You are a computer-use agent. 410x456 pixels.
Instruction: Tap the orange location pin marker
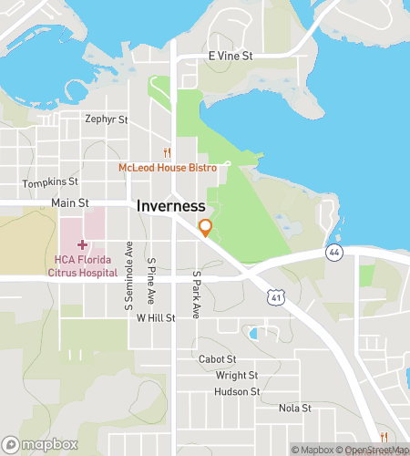pos(206,228)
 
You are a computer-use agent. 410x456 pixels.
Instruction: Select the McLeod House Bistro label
pos(167,168)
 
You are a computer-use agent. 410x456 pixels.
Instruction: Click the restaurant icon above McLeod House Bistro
pos(167,153)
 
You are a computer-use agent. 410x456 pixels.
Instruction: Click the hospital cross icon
pos(83,244)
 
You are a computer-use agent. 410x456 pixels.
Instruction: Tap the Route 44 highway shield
pos(334,253)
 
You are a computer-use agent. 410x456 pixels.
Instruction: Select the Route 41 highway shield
pos(276,296)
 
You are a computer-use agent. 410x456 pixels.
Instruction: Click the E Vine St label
pos(230,57)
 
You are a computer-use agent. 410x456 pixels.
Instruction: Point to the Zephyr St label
pos(107,119)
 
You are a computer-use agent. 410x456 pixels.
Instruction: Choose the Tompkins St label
pos(46,183)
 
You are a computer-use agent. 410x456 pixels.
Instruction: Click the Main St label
pos(69,202)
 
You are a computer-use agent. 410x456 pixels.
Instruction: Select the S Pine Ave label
pos(152,279)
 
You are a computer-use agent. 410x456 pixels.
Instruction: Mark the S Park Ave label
pos(195,294)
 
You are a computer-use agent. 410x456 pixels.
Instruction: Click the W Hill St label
pos(155,318)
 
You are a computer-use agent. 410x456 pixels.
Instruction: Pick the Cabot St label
pos(217,359)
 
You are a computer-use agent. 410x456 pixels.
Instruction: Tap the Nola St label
pos(294,408)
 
